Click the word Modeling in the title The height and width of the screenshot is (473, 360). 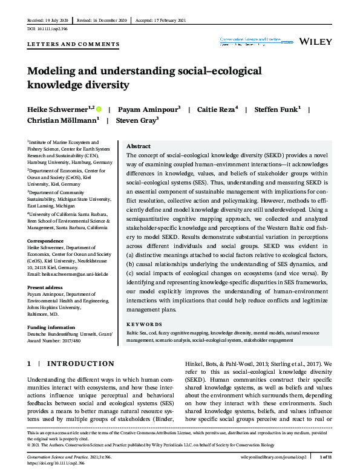[x=54, y=71]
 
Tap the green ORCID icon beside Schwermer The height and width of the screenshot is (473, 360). [x=98, y=110]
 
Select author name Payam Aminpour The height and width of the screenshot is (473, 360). [x=148, y=109]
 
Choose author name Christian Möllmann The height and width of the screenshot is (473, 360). [x=62, y=120]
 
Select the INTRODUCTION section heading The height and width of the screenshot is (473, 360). [x=80, y=364]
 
